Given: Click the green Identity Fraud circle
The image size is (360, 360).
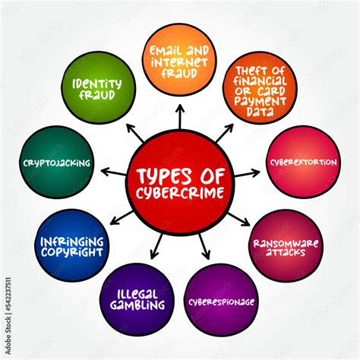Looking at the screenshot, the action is tap(99, 87).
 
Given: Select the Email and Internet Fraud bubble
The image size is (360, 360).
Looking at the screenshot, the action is tap(179, 60).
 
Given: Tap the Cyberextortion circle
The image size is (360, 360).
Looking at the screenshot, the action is tap(303, 162).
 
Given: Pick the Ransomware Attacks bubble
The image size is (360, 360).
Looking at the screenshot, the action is tap(286, 246).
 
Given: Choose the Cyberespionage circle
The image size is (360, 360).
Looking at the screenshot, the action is tap(221, 300).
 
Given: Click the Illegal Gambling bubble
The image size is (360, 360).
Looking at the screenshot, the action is tap(137, 299).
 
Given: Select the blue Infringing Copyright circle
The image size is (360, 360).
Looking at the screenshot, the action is tap(72, 245).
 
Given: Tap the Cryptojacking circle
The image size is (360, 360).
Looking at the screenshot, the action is tap(56, 162).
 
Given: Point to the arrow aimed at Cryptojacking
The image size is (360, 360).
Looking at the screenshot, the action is tap(113, 172).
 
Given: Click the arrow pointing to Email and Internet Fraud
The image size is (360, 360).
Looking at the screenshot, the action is tap(180, 117).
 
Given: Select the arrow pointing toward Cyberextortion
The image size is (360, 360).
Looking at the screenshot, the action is tap(247, 173).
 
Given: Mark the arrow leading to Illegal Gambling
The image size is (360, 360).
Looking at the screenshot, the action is tap(157, 246).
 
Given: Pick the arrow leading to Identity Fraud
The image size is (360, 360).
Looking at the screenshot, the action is tap(135, 133).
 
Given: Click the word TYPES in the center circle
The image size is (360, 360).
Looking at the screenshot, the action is tap(164, 175).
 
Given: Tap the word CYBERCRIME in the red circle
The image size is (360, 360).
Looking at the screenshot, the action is tap(180, 193).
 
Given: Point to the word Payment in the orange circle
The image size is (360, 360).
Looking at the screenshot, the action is tap(260, 101).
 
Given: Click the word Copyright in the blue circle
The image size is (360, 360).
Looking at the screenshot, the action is tap(72, 252).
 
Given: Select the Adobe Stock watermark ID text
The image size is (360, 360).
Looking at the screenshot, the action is tap(8, 316).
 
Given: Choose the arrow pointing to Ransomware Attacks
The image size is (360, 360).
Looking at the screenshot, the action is tap(238, 219).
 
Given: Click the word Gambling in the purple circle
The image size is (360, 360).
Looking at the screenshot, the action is tap(137, 305).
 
